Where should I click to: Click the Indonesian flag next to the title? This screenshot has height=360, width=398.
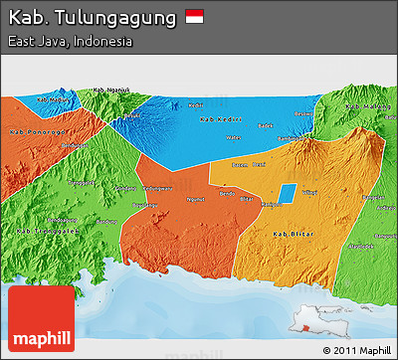194,17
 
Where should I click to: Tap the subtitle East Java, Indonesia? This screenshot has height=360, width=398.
70,42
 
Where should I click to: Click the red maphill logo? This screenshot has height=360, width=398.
40,318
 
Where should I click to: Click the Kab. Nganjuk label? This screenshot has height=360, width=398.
111,90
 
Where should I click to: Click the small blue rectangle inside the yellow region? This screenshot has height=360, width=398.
286,194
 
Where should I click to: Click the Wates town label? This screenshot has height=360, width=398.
234,137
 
